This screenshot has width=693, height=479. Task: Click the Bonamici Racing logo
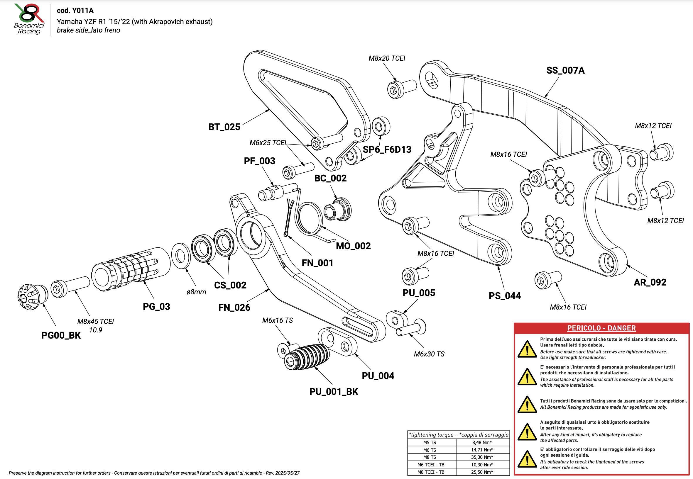click(29, 18)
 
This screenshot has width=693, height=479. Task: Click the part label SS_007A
click(565, 71)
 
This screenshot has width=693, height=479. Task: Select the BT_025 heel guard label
click(224, 127)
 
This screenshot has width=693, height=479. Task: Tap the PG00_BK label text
click(61, 335)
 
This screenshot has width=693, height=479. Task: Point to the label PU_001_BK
click(334, 392)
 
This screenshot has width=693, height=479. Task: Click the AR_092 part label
click(650, 282)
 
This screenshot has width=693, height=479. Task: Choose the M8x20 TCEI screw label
click(387, 58)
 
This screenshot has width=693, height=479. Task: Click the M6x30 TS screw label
click(429, 354)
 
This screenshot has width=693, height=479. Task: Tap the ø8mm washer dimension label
click(196, 292)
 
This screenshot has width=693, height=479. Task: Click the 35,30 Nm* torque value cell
click(482, 457)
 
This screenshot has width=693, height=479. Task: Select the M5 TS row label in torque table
click(430, 442)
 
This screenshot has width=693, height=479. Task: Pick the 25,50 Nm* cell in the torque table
click(482, 472)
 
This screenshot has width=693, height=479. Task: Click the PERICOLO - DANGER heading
click(601, 328)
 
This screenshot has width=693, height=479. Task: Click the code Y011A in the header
click(75, 11)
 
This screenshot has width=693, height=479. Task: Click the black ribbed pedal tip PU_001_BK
click(306, 357)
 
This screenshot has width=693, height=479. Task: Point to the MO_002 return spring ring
click(309, 218)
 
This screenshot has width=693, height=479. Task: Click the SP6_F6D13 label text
click(387, 150)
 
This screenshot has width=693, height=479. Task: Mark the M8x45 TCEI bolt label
click(96, 321)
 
